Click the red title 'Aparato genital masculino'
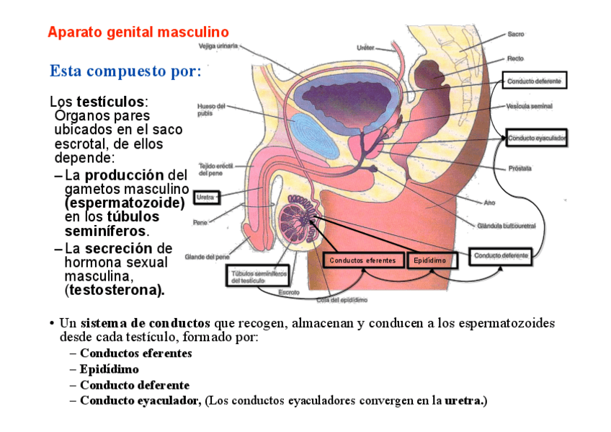(x=138, y=32)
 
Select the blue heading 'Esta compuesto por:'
(x=125, y=71)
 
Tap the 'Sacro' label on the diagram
(x=516, y=34)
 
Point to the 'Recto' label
(x=515, y=58)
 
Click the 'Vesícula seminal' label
(x=530, y=106)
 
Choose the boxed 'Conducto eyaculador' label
(x=537, y=137)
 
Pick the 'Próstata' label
(x=519, y=168)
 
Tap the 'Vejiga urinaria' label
(x=218, y=45)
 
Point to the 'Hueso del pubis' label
(x=210, y=109)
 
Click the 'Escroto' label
(x=289, y=292)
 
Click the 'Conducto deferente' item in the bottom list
(x=135, y=385)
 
